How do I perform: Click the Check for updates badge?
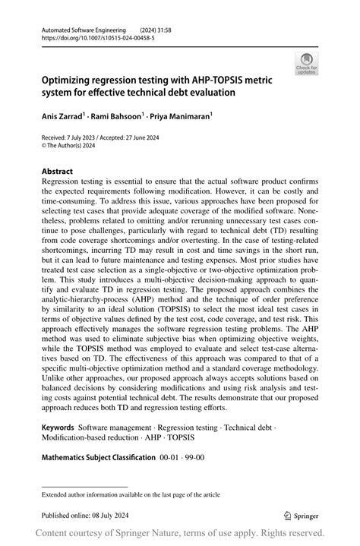pyautogui.click(x=307, y=65)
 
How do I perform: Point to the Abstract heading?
pyautogui.click(x=58, y=172)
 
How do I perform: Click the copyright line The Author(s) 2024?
pyautogui.click(x=74, y=146)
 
